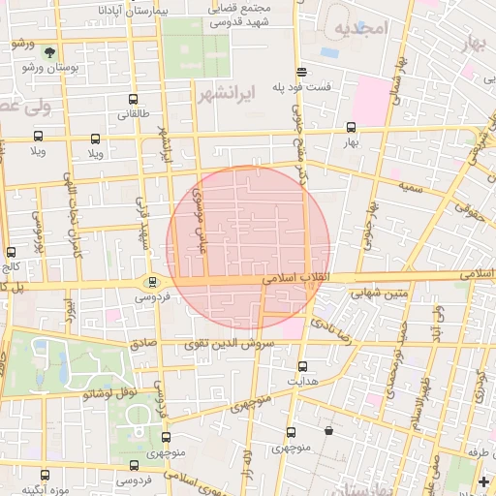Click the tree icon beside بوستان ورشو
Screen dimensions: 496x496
click(49, 52)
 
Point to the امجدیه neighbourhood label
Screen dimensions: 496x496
click(360, 29)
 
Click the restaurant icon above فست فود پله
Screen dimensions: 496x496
click(302, 71)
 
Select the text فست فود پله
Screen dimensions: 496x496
click(302, 85)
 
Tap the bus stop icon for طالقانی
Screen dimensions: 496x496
click(133, 98)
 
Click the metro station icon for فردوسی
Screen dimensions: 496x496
click(152, 282)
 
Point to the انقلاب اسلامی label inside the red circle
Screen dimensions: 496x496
click(294, 279)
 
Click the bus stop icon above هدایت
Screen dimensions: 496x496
click(302, 366)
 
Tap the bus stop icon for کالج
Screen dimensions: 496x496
click(11, 252)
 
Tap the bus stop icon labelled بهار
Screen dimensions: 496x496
click(351, 127)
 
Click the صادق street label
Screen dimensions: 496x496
click(143, 342)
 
